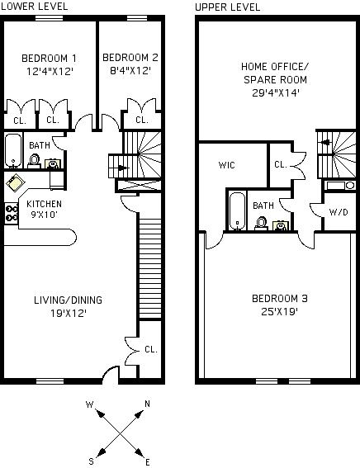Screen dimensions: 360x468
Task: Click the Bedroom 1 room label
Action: pyautogui.click(x=49, y=59)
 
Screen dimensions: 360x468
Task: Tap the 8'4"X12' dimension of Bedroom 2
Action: pyautogui.click(x=130, y=71)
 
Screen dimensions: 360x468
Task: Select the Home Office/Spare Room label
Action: pyautogui.click(x=275, y=73)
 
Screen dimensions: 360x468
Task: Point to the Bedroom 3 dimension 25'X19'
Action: pyautogui.click(x=280, y=312)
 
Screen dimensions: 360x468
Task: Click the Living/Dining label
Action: pyautogui.click(x=68, y=300)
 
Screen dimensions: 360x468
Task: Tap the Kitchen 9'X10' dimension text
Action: pyautogui.click(x=45, y=215)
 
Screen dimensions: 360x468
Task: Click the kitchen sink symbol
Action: pyautogui.click(x=15, y=182)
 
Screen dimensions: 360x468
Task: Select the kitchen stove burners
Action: pyautogui.click(x=12, y=214)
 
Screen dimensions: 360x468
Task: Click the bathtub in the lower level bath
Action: pyautogui.click(x=13, y=151)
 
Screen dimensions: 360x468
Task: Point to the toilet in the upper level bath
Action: pyautogui.click(x=262, y=223)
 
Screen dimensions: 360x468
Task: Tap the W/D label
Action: pyautogui.click(x=339, y=212)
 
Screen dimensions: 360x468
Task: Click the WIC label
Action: pyautogui.click(x=226, y=165)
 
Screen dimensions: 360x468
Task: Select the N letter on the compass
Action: pyautogui.click(x=147, y=404)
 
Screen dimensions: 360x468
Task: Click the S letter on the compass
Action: pyautogui.click(x=91, y=461)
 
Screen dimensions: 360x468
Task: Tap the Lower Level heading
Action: pyautogui.click(x=34, y=7)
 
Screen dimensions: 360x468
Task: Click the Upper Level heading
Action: pyautogui.click(x=228, y=7)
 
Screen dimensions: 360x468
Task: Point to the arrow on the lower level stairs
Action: pyautogui.click(x=122, y=168)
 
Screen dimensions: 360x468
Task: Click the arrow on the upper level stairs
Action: pyautogui.click(x=324, y=142)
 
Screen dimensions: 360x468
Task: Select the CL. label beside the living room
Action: pyautogui.click(x=151, y=349)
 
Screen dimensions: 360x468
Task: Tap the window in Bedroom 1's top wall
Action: pyautogui.click(x=50, y=18)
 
